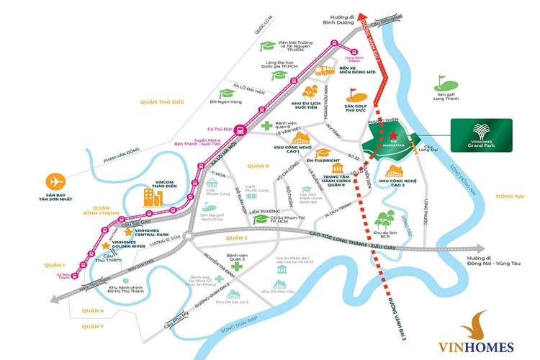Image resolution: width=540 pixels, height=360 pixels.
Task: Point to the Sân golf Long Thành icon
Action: (x=441, y=81)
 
